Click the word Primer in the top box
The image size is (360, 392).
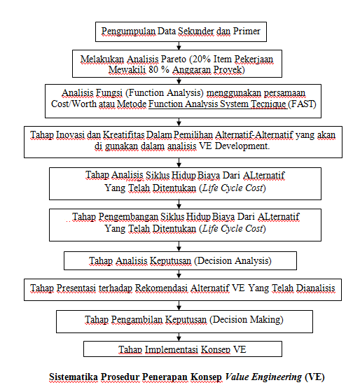pos(247,31)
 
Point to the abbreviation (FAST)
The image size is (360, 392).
pos(302,104)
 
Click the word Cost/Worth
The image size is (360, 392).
pos(74,104)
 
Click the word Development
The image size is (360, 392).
pos(242,146)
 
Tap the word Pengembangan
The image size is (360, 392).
pos(128,217)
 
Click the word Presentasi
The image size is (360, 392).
pos(76,288)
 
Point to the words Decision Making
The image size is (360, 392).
pos(247,319)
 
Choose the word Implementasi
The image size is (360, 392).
pos(172,349)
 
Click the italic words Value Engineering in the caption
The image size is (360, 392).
pos(263,377)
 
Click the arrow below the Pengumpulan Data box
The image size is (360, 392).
pos(179,45)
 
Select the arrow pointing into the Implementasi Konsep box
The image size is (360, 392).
pos(179,337)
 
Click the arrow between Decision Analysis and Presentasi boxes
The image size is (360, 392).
pos(179,274)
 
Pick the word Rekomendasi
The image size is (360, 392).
pos(161,288)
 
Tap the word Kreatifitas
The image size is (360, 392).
pos(124,134)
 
